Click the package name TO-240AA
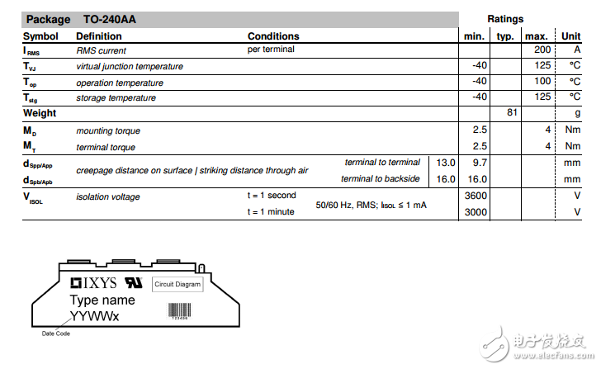pyautogui.click(x=109, y=19)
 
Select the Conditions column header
pyautogui.click(x=273, y=36)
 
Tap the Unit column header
pyautogui.click(x=570, y=36)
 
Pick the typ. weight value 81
pyautogui.click(x=512, y=113)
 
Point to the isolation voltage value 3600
pyautogui.click(x=476, y=196)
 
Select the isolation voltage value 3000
pyautogui.click(x=476, y=212)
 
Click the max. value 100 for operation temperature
pyautogui.click(x=542, y=82)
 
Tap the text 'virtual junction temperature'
pyautogui.click(x=130, y=67)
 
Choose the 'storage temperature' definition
pyautogui.click(x=116, y=98)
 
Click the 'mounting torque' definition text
pyautogui.click(x=108, y=130)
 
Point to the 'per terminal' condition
pyautogui.click(x=271, y=50)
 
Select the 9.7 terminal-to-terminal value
pyautogui.click(x=480, y=163)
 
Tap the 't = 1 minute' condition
pyautogui.click(x=272, y=212)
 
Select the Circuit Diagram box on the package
pyautogui.click(x=177, y=284)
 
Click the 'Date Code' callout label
pyautogui.click(x=56, y=334)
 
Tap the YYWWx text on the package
pyautogui.click(x=94, y=315)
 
